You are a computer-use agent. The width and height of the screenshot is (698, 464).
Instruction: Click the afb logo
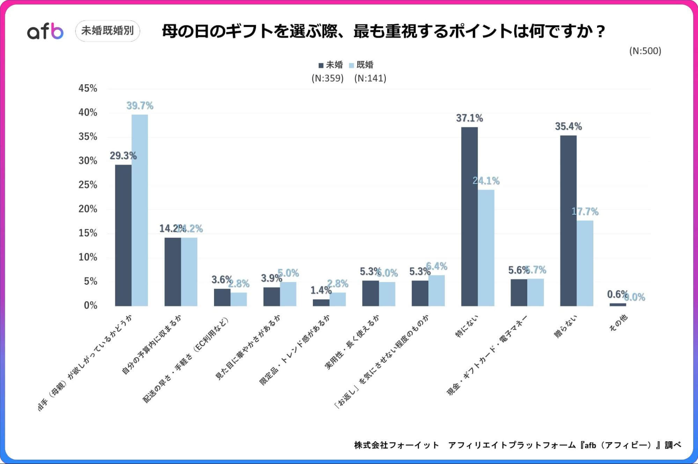click(x=45, y=31)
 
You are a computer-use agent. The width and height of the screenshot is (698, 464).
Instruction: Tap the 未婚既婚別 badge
click(x=108, y=31)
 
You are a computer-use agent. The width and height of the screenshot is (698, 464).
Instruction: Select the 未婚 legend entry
click(x=331, y=65)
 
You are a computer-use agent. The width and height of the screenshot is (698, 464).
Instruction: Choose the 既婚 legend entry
click(x=361, y=65)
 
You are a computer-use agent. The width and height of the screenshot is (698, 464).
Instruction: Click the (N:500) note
click(x=645, y=51)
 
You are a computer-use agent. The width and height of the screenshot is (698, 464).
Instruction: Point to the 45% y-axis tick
click(x=88, y=88)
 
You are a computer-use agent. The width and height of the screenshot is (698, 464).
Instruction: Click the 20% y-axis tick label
click(x=88, y=209)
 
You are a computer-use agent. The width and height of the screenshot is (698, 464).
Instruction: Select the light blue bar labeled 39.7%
click(x=140, y=210)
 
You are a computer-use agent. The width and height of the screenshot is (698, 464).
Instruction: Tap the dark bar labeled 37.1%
click(x=469, y=217)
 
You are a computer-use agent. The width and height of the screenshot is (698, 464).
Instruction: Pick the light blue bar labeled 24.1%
click(x=486, y=248)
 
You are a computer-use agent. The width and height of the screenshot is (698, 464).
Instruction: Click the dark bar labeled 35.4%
click(x=568, y=220)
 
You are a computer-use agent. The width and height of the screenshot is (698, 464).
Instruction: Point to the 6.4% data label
click(x=437, y=267)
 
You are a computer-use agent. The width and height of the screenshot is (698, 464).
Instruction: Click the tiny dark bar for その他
click(x=618, y=305)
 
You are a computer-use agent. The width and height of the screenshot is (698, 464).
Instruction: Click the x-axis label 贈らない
click(x=566, y=326)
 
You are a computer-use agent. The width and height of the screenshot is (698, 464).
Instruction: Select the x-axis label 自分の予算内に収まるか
click(x=152, y=345)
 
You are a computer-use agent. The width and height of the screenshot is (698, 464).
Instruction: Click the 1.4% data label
click(x=321, y=290)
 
